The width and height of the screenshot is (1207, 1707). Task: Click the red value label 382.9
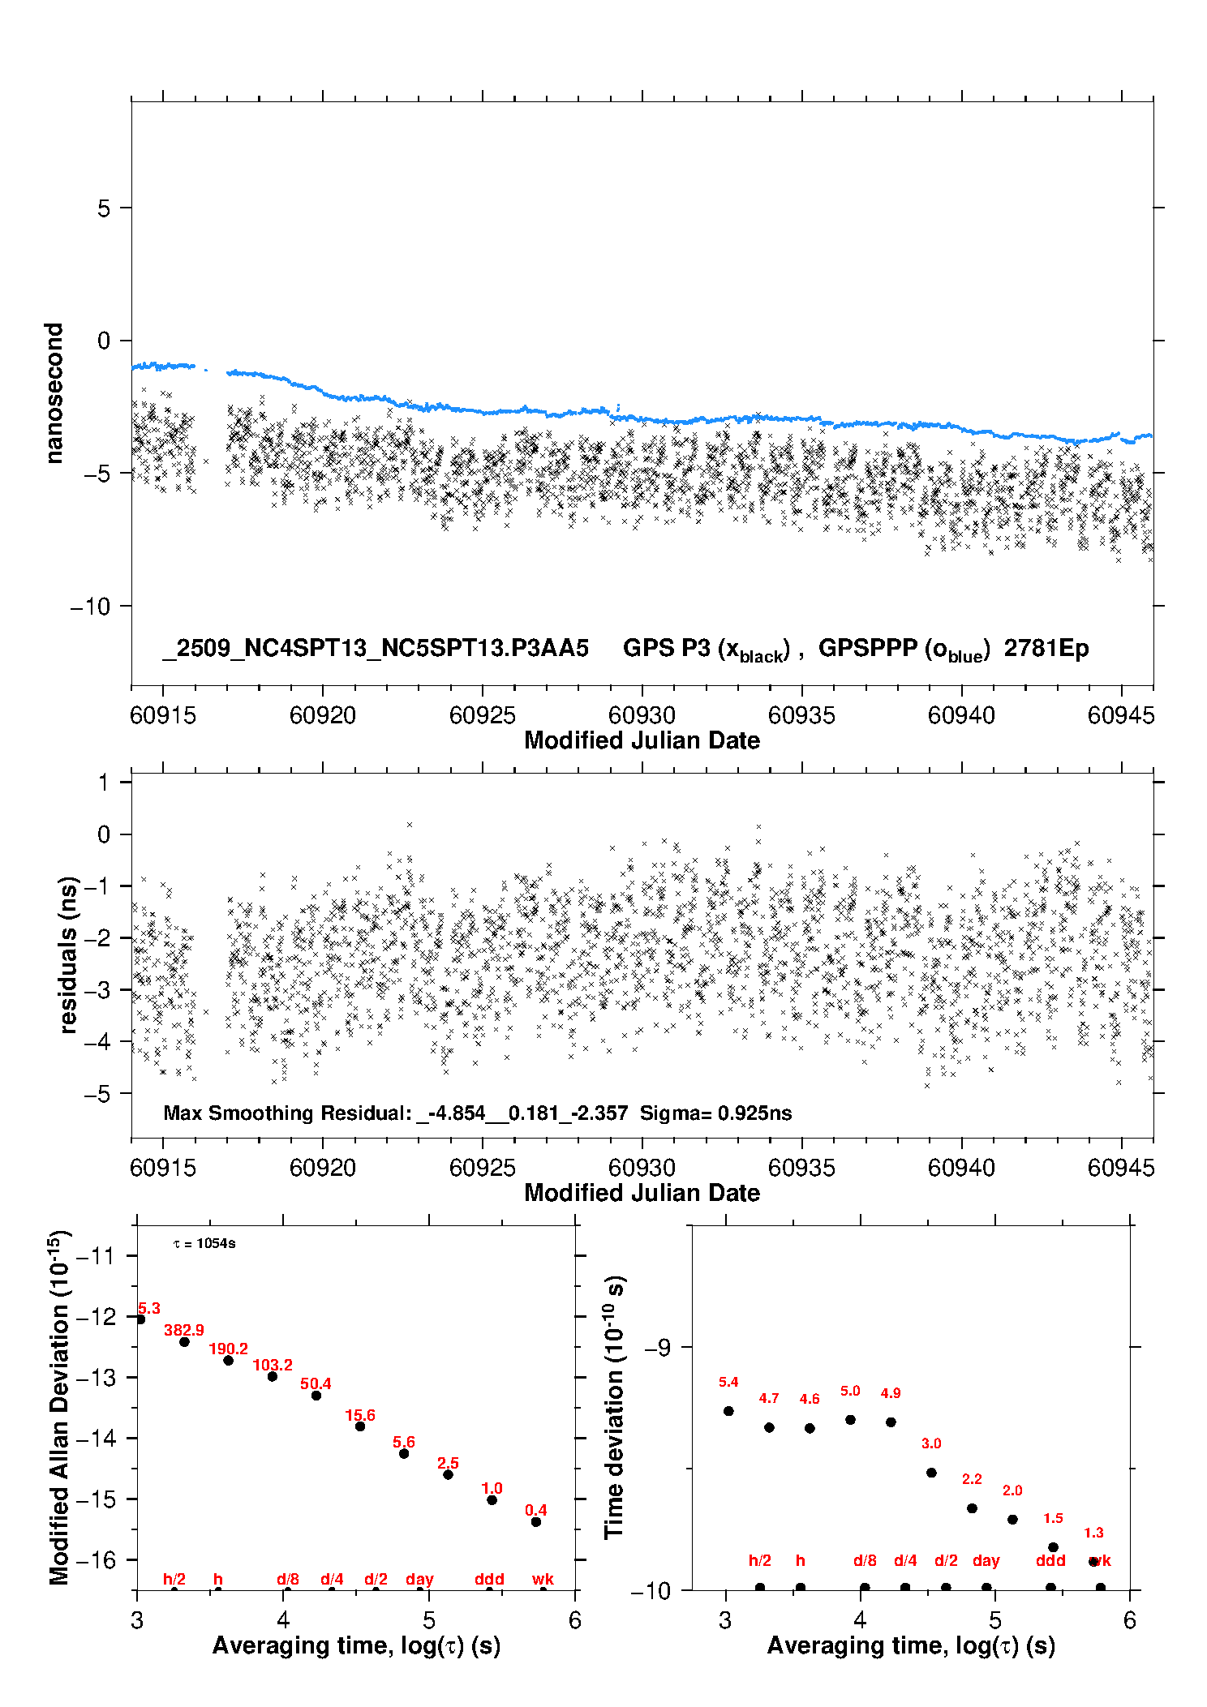184,1330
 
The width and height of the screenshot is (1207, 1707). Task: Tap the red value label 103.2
273,1365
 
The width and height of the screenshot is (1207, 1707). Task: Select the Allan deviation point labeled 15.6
360,1426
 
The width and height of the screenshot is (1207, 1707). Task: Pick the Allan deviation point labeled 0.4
536,1522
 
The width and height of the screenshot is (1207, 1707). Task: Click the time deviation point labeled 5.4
728,1411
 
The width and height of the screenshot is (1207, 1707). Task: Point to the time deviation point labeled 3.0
931,1473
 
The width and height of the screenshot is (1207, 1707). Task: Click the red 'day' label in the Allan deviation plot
419,1579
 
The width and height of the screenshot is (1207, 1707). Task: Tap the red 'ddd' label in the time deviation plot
1050,1560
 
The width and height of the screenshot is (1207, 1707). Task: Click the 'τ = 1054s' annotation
204,1244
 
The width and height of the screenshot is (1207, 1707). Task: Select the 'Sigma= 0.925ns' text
715,1113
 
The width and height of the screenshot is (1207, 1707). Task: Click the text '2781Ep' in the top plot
1046,649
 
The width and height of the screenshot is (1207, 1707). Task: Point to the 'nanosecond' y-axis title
54,393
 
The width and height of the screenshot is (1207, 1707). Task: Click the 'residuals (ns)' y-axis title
69,954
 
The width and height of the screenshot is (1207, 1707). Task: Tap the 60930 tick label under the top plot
642,715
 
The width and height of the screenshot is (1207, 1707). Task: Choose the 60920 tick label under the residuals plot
323,1168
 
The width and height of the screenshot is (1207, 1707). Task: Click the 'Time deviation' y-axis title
615,1407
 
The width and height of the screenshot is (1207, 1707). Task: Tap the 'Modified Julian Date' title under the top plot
642,740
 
